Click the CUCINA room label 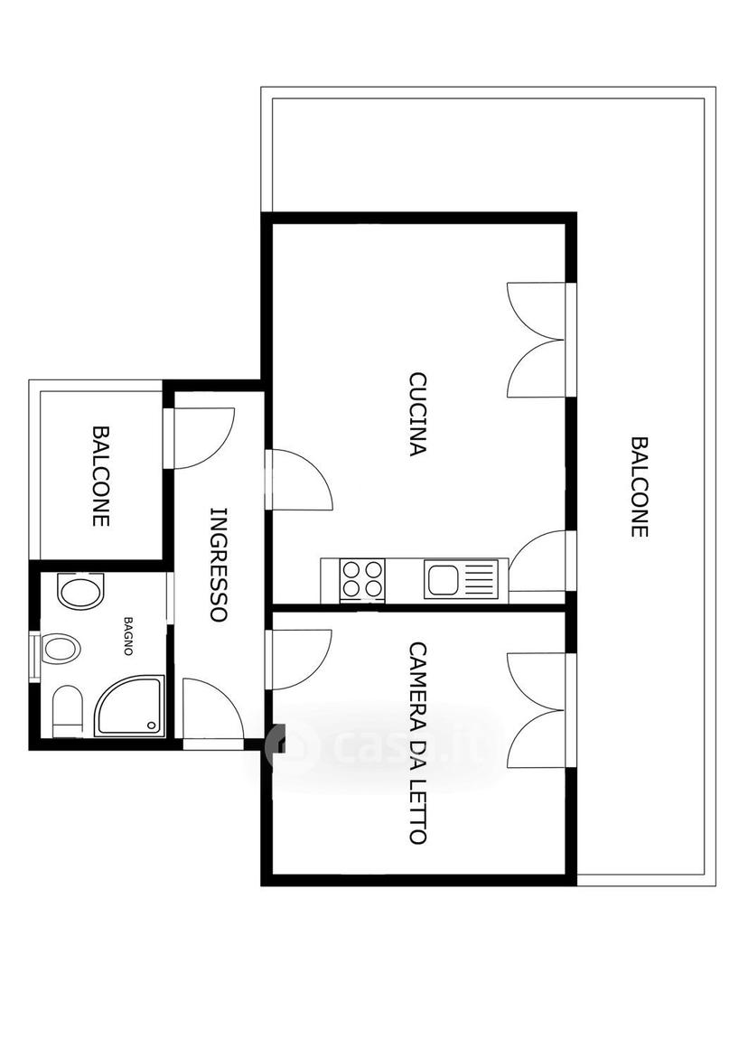[417, 415]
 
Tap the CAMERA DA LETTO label [418, 743]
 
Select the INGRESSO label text [219, 564]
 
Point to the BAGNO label [127, 635]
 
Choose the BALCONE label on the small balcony [101, 476]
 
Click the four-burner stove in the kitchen [363, 580]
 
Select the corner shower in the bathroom [129, 706]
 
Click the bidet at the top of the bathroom [81, 592]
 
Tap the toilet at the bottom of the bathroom [68, 711]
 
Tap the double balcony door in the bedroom [537, 710]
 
